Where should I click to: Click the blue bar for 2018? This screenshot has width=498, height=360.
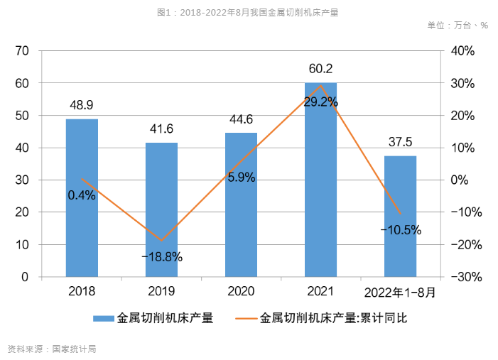coord(82,198)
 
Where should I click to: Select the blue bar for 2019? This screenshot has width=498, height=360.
coord(161,209)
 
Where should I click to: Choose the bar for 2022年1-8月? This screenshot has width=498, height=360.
coord(400,216)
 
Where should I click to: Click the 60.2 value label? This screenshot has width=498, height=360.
coord(320,69)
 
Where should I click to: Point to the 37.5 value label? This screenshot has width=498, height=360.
coord(400,142)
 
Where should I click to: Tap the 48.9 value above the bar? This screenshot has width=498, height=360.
coord(82,105)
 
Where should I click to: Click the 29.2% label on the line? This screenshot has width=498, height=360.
coord(320,102)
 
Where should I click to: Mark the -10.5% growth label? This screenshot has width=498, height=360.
coord(401,230)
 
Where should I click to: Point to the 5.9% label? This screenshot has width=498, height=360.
coord(242,178)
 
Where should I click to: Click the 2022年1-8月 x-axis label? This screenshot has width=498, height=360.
coord(400,292)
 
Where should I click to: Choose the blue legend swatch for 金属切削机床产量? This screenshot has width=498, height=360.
coord(103,318)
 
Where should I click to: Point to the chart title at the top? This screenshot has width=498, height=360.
coord(248,12)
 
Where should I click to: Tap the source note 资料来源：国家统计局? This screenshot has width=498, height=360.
coord(51,349)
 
